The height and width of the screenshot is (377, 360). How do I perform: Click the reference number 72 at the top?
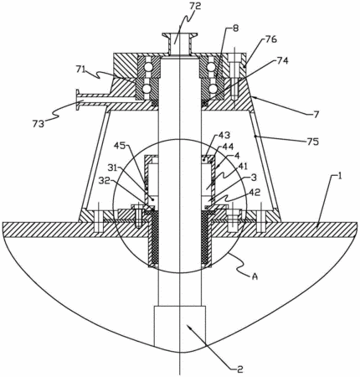coord(195,6)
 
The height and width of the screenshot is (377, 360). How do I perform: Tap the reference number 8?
coord(236,28)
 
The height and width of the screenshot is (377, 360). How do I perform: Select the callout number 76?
coord(270,39)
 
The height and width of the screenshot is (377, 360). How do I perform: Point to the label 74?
coord(282,60)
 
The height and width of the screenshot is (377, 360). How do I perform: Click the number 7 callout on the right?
coord(316,115)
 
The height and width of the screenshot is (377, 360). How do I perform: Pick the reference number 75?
coord(312,142)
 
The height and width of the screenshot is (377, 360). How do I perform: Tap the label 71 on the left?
coord(81,69)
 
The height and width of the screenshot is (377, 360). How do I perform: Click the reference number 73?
coord(38,124)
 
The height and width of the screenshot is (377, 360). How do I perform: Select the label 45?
coord(121,146)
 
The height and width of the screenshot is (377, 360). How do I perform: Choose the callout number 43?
coord(224,136)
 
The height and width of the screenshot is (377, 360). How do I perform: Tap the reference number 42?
coord(254,193)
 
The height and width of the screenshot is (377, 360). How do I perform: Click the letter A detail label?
coord(255,276)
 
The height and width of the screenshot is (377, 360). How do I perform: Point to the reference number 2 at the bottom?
coord(240,369)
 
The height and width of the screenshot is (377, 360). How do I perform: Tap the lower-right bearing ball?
coord(213,89)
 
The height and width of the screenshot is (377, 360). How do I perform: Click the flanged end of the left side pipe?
coord(77,101)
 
